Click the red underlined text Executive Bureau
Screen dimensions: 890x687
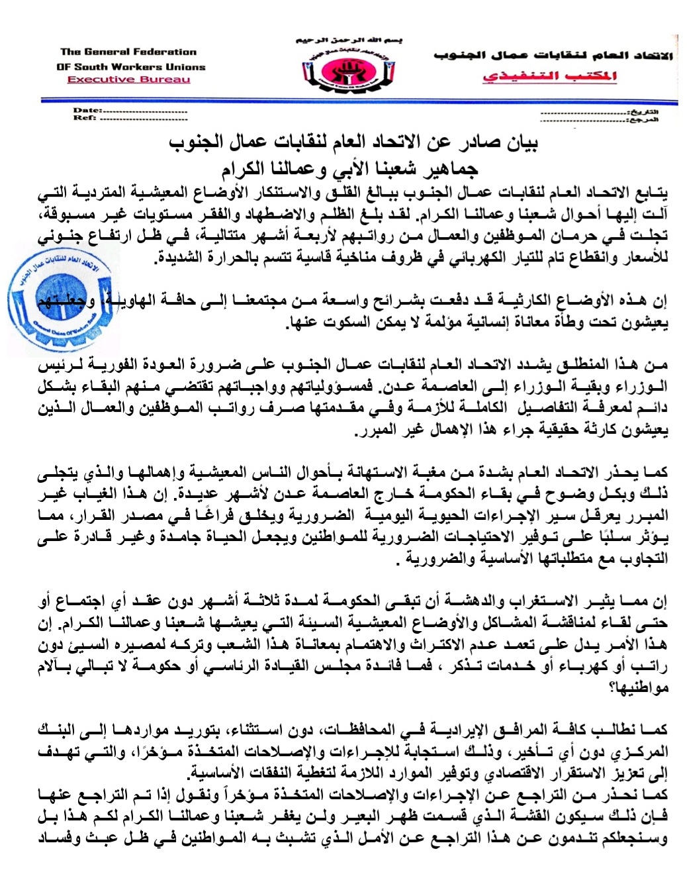pos(128,79)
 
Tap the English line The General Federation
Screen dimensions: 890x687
pos(128,52)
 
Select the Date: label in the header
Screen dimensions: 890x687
pos(87,110)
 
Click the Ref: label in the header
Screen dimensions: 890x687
pos(85,117)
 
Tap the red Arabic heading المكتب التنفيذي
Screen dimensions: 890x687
pos(549,76)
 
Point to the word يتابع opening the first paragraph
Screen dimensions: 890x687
pos(648,193)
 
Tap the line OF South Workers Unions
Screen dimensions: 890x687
pos(131,66)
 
